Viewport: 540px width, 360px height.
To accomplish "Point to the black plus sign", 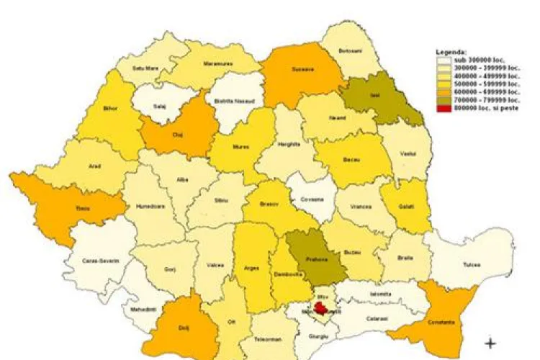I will (491, 343).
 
